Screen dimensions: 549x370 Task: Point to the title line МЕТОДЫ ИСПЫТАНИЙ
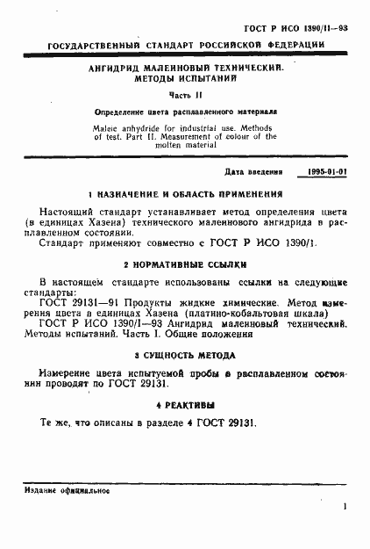coord(184,79)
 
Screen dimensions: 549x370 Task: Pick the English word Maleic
coord(110,126)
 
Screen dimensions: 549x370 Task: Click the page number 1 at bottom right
coord(346,506)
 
